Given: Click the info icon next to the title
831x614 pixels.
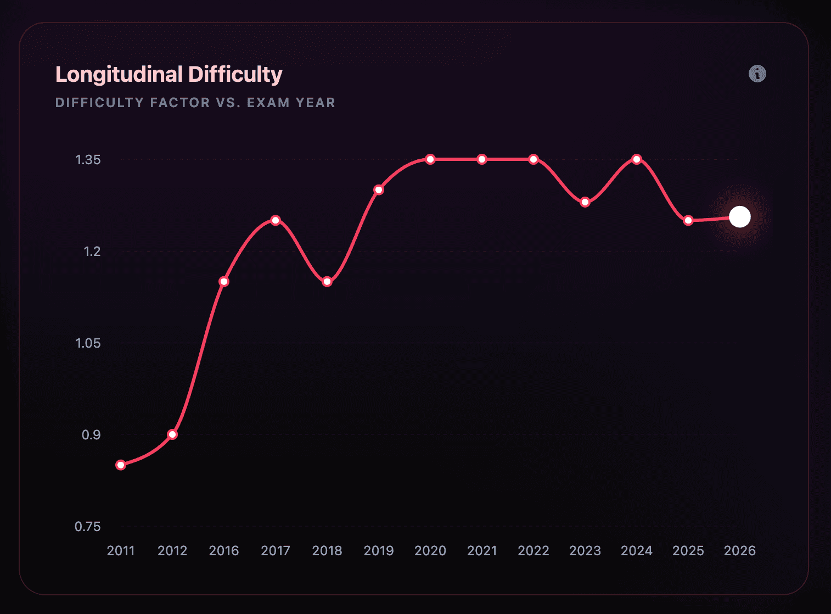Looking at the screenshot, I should coord(757,74).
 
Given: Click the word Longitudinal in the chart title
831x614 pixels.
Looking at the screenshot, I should coord(119,75).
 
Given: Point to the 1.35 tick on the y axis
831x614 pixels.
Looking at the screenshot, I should coord(88,160).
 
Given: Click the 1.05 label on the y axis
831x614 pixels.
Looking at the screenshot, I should coord(88,343).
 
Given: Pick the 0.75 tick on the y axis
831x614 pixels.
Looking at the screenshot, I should coord(88,527).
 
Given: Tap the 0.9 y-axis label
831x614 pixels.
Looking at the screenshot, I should coord(91,435).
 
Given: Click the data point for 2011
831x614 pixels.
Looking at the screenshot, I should coord(121,465).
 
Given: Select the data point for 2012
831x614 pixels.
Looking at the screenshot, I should coord(172,434).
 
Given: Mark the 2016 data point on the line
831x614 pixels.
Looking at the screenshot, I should coord(224,282).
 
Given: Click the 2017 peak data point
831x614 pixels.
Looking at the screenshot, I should coord(276,220).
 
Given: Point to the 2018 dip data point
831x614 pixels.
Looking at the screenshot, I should coord(327,282).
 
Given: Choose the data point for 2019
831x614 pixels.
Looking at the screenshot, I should coord(379,190).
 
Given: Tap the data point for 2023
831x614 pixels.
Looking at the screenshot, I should coord(585,202).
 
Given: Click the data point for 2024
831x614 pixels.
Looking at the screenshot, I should coord(637,159).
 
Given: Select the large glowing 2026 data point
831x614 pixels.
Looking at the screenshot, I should coord(740,217).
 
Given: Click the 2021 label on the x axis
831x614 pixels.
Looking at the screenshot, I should coord(482,551).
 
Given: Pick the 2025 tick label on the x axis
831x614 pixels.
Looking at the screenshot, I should coord(688,551).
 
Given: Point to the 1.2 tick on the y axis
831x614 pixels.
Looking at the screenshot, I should coord(92,252).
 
